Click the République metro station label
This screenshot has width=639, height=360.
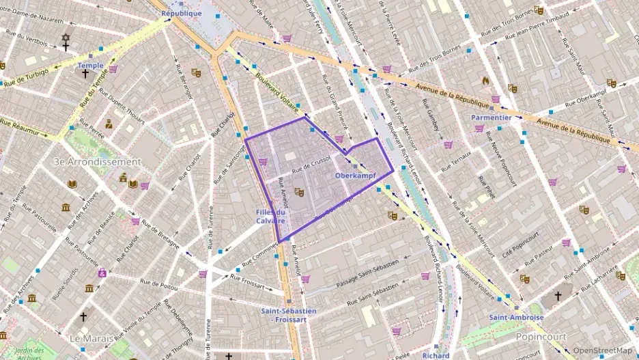point(182,13)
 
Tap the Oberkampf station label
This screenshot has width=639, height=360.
point(356,176)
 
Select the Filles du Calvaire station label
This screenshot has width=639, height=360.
point(270,217)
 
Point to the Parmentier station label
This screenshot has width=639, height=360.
point(492,117)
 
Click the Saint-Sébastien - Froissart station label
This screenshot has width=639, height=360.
point(288,315)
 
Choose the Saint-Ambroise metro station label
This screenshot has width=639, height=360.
point(516,318)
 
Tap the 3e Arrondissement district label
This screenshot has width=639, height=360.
point(98,162)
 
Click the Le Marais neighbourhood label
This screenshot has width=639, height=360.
point(96,337)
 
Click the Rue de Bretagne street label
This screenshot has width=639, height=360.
point(159,232)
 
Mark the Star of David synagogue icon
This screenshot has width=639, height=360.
point(66,38)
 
